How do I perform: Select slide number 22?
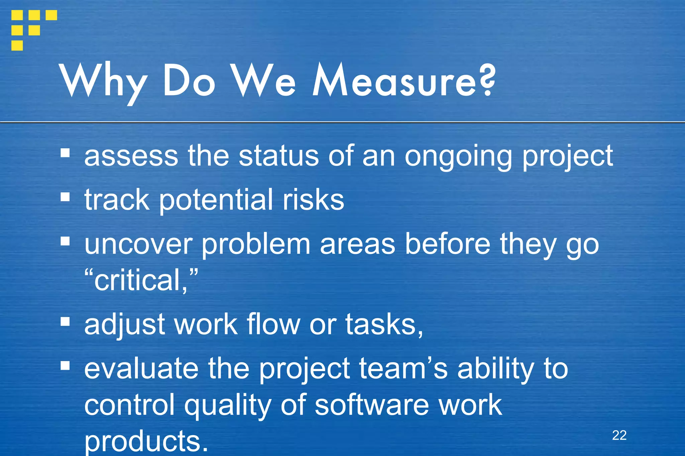click(619, 435)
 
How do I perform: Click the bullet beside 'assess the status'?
click(65, 153)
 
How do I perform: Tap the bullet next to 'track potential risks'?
click(65, 197)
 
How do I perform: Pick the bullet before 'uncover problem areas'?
click(65, 241)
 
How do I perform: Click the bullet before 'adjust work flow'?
click(65, 322)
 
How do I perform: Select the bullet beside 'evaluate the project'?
click(65, 365)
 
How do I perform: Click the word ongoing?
click(458, 157)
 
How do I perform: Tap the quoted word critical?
click(141, 280)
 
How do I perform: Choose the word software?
click(372, 405)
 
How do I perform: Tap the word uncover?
click(138, 245)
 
